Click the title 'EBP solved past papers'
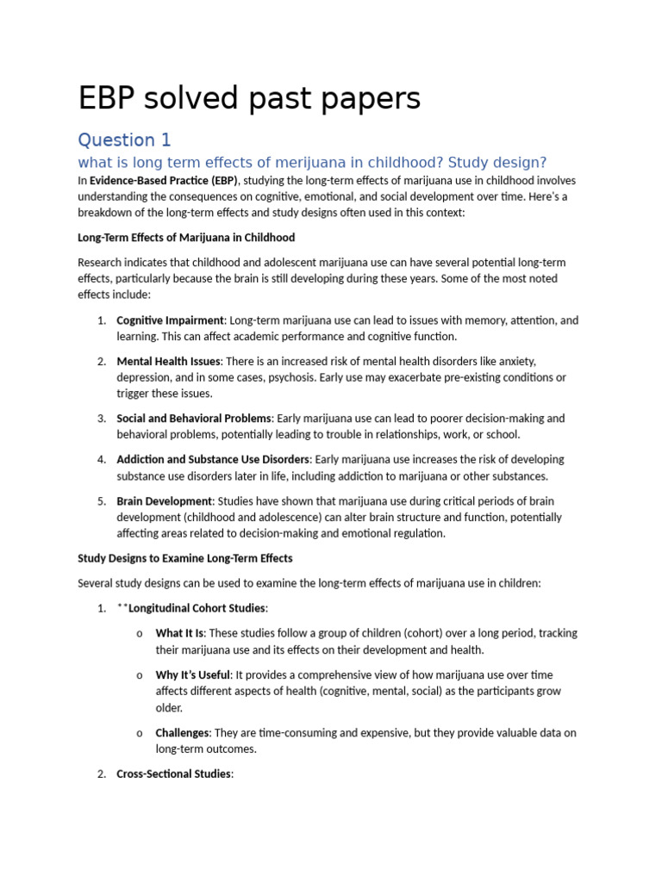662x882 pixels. (249, 99)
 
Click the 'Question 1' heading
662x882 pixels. (125, 140)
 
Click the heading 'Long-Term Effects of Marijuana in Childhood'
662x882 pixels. (186, 237)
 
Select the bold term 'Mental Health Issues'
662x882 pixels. (169, 361)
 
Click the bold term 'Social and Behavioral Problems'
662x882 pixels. (194, 419)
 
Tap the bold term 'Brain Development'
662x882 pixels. (164, 500)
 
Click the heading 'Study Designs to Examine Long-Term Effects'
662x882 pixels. (185, 558)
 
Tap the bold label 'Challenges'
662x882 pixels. (182, 733)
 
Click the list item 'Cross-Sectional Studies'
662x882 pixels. (174, 773)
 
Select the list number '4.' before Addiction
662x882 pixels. (102, 459)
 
